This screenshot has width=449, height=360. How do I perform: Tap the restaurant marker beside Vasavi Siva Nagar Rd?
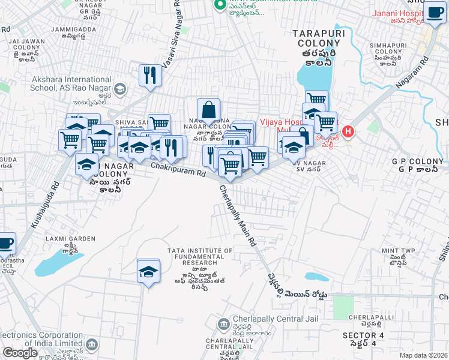pyautogui.click(x=148, y=76)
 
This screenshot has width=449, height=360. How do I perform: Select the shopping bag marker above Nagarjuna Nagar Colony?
pyautogui.click(x=208, y=110)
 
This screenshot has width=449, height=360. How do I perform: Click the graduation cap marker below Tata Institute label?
pyautogui.click(x=148, y=271)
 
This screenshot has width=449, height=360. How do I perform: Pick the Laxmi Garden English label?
pyautogui.click(x=70, y=239)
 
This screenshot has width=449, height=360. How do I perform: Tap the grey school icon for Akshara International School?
pyautogui.click(x=119, y=89)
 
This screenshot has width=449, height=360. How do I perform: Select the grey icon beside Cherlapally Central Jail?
pyautogui.click(x=223, y=323)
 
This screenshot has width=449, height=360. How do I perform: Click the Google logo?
pyautogui.click(x=20, y=352)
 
